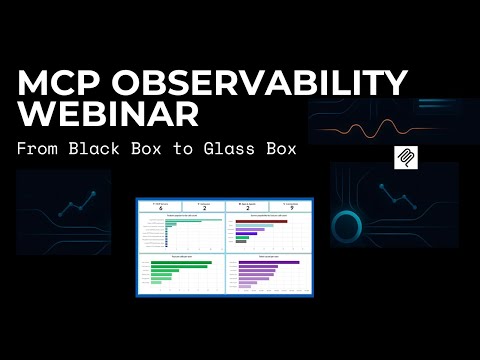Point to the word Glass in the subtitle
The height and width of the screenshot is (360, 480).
(245, 149)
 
